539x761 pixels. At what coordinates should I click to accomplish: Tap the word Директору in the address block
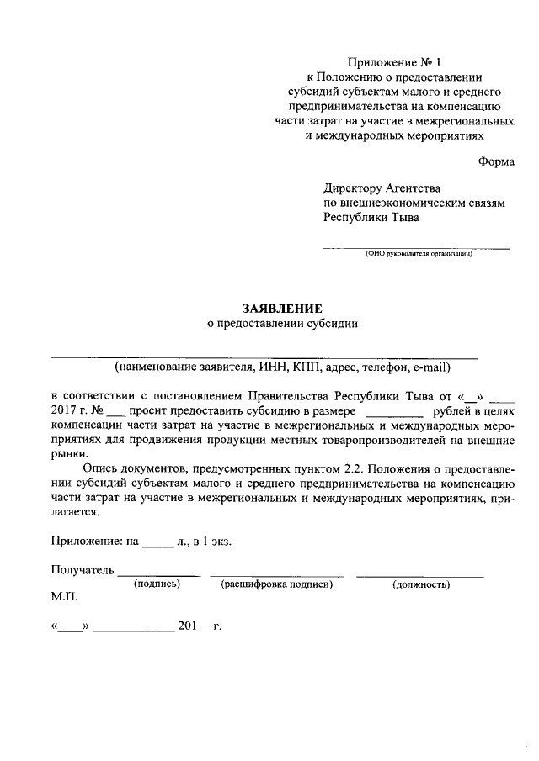(x=353, y=188)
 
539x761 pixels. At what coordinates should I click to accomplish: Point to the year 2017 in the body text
(x=64, y=412)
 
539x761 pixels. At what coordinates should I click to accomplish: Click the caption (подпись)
(x=157, y=584)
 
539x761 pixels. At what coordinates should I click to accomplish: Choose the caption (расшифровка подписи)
(x=276, y=584)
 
